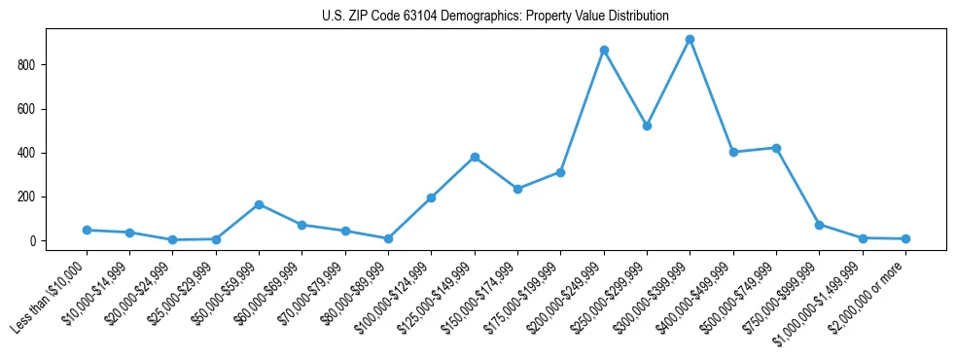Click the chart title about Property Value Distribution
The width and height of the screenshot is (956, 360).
coord(495,16)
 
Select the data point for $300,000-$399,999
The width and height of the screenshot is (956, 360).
coord(690,40)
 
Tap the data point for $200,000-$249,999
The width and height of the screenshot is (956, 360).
coord(604,50)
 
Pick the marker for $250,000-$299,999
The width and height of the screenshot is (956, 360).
coord(647,126)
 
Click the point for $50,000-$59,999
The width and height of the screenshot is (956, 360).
coord(259,204)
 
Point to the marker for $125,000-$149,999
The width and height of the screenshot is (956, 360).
coord(475,157)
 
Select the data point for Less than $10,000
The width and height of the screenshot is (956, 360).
coord(87,230)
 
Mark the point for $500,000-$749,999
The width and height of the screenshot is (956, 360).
coord(776,148)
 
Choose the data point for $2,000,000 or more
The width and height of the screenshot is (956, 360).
coord(905,238)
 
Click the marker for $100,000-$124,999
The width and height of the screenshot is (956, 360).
coord(431,198)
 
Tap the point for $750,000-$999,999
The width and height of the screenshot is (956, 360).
coord(819,225)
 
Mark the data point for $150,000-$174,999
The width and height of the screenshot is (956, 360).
coord(517,189)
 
